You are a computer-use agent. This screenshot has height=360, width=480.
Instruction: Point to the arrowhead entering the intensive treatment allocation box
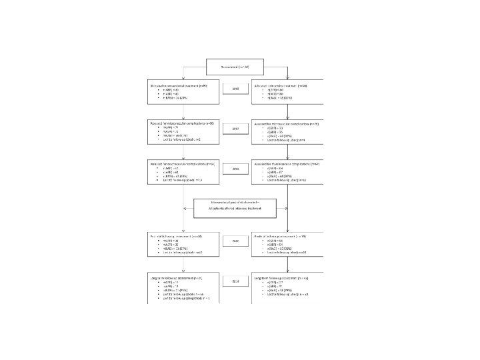(x=287, y=81)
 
